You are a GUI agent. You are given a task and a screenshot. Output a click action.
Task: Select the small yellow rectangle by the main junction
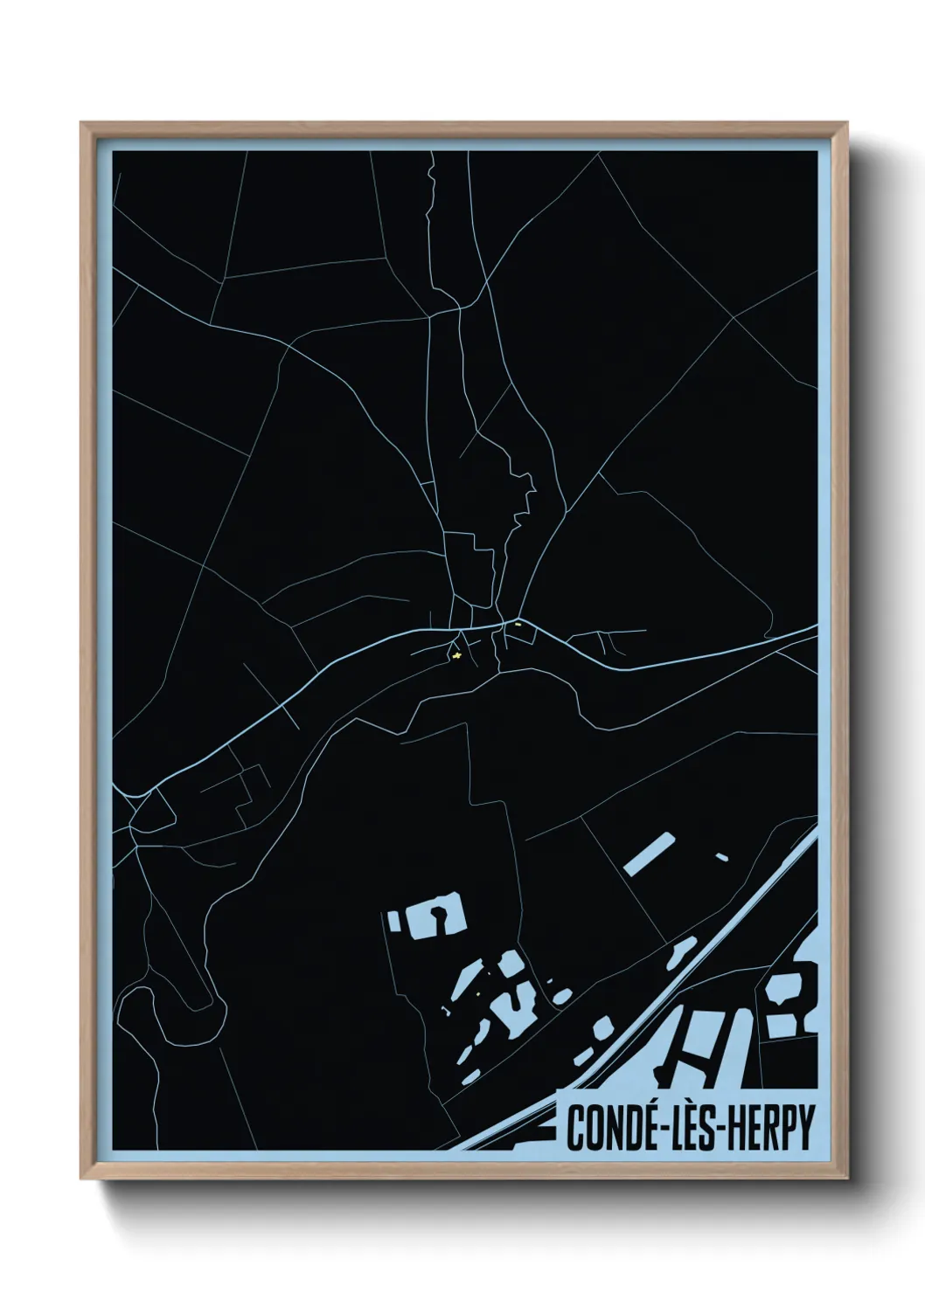(518, 624)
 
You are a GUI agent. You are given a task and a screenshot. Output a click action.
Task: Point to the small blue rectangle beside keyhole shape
(393, 920)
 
